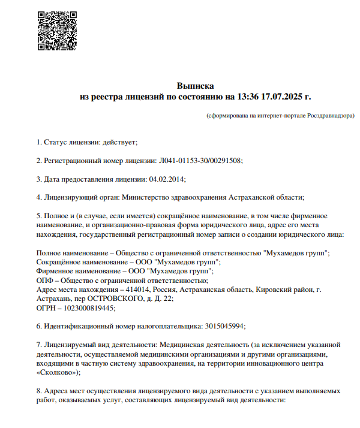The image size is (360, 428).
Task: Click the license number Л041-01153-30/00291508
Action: (200, 161)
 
